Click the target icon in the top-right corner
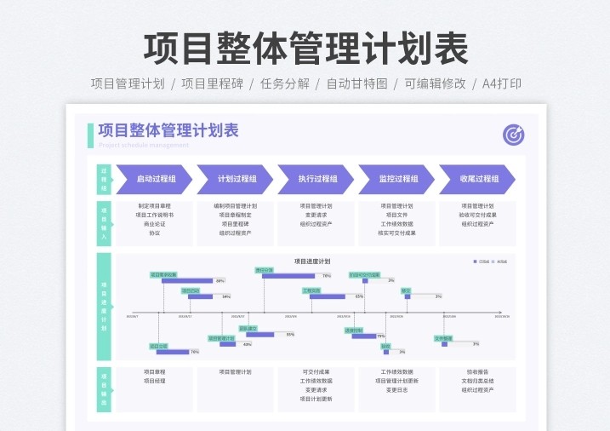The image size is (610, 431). tap(513, 135)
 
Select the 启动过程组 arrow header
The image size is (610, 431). tap(156, 179)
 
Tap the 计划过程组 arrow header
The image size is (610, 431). tap(237, 179)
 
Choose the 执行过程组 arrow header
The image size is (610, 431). tap(317, 179)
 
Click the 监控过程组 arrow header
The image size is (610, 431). tap(398, 179)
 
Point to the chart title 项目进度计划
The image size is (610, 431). tap(312, 261)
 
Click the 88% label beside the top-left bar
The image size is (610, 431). tap(220, 280)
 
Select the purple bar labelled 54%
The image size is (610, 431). tap(201, 296)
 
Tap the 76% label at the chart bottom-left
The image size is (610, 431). tap(195, 352)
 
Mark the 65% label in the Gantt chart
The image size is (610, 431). tap(359, 296)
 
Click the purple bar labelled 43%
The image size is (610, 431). tap(227, 344)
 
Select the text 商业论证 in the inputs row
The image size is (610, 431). tap(154, 224)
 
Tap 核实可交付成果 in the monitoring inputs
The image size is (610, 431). tap(397, 233)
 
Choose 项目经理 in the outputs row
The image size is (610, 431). tap(154, 381)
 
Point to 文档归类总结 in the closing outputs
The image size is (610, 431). tap(477, 381)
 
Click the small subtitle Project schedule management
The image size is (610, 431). tap(143, 146)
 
